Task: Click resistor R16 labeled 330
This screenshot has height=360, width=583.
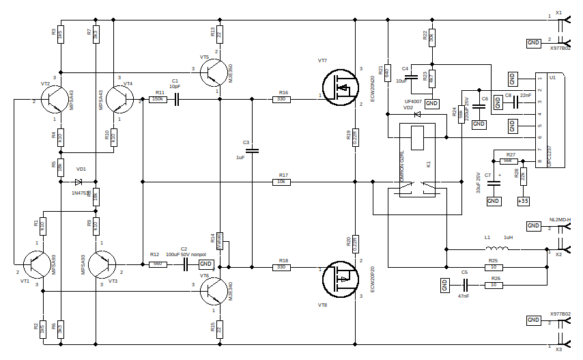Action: pos(282,100)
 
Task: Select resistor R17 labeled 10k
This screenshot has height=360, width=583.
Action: pos(281,182)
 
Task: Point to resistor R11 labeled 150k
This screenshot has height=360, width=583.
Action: pos(158,100)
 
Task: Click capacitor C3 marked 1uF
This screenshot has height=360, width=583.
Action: pos(253,150)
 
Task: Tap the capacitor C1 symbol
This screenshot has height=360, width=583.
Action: pos(177,100)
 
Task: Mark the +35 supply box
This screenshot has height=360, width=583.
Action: pos(523,201)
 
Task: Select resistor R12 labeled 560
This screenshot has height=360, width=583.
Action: pos(158,264)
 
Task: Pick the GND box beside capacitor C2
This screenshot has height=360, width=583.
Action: pos(205,264)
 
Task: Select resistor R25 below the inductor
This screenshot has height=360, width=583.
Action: pos(494,267)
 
